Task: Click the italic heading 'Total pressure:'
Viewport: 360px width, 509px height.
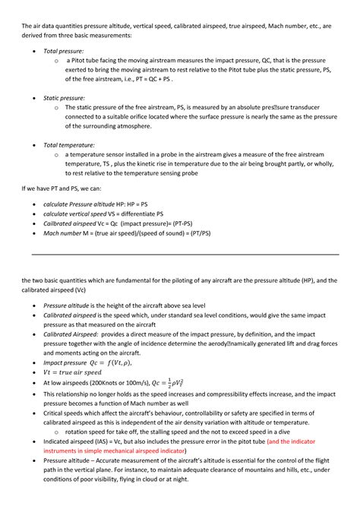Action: tap(63, 50)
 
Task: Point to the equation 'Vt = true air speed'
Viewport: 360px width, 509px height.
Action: tap(72, 372)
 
